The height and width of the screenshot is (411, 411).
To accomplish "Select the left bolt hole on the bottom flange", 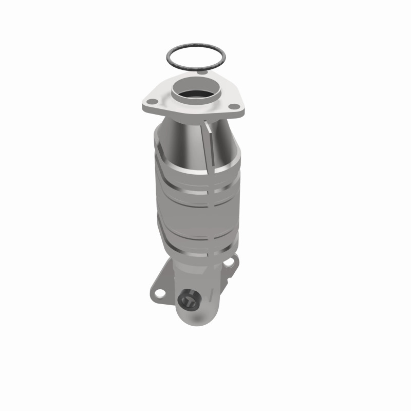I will pyautogui.click(x=160, y=294).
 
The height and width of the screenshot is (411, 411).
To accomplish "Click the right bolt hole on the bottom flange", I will pyautogui.click(x=230, y=263).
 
